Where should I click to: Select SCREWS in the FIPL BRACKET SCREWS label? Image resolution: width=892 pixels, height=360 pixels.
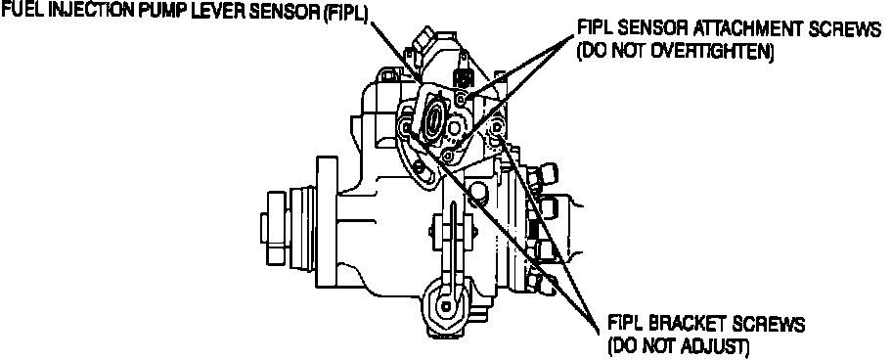pos(775,325)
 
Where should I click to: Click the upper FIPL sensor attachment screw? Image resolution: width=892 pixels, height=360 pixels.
pos(462,99)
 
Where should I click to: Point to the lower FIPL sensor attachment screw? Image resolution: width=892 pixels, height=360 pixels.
pos(448,155)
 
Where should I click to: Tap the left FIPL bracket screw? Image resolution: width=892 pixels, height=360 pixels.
pos(405,128)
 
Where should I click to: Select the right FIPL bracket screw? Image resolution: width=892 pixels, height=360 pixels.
pos(496,127)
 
